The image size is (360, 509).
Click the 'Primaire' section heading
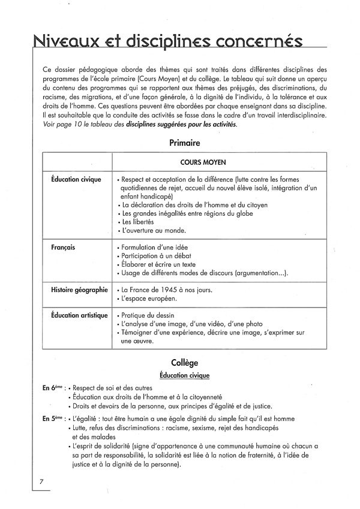[x=184, y=143]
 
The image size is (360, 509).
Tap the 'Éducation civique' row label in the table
[x=76, y=179]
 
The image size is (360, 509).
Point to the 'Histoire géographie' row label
[x=79, y=290]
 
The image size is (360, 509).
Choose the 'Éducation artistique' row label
[x=79, y=315]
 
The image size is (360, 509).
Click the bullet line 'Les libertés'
[x=137, y=222]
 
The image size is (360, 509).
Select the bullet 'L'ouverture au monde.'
[x=154, y=231]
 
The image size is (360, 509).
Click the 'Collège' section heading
[x=184, y=363]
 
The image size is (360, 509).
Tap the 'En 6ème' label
[x=53, y=388]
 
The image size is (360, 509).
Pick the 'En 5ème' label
[x=53, y=417]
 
